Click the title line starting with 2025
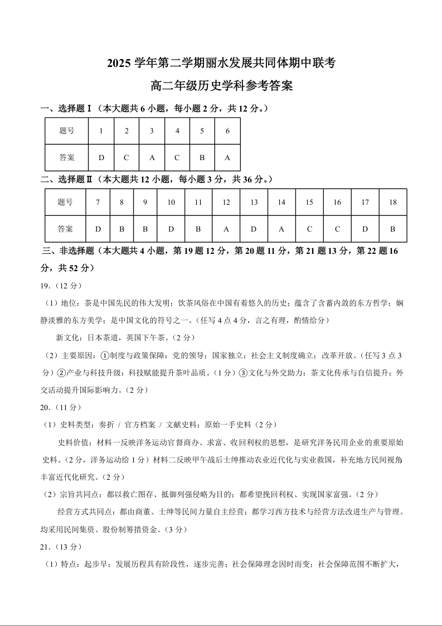click(x=221, y=63)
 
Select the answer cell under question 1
click(x=101, y=157)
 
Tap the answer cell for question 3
click(x=152, y=157)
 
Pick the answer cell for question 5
click(x=202, y=157)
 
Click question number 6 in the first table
click(x=227, y=131)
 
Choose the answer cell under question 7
click(x=98, y=229)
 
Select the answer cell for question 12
click(x=226, y=229)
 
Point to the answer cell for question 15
click(x=309, y=229)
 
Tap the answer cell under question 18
click(x=392, y=229)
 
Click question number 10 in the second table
click(x=171, y=203)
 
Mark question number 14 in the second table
click(x=281, y=203)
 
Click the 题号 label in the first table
click(x=66, y=131)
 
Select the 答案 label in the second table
click(x=65, y=229)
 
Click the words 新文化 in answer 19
click(x=67, y=338)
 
